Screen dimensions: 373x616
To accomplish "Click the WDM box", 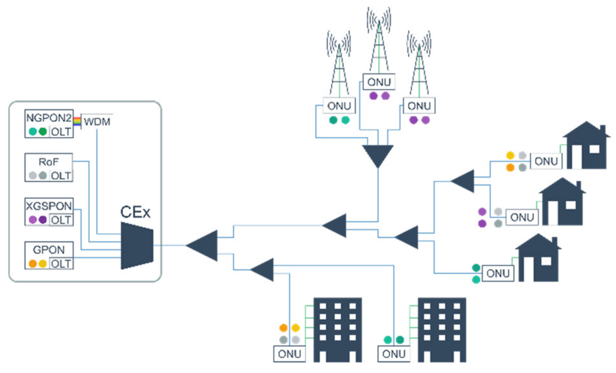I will [x=97, y=122].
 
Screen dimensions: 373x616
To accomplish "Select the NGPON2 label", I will [x=48, y=118].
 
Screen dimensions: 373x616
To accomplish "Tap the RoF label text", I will [x=48, y=162].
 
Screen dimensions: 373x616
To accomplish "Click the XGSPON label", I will [x=49, y=206].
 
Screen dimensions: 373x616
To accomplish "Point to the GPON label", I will [x=48, y=250].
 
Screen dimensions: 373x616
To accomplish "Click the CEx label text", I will [x=135, y=212].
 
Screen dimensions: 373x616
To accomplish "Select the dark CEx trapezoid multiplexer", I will [x=137, y=246].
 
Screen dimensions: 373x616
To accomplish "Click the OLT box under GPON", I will [x=61, y=264].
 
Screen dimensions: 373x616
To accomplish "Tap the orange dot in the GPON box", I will [x=33, y=264].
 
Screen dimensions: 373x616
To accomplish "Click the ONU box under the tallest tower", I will [x=379, y=82].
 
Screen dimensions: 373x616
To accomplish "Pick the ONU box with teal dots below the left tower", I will [x=339, y=106].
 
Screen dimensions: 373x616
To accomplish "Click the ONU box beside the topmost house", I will [x=546, y=161].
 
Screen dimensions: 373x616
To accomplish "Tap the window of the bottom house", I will [x=546, y=261].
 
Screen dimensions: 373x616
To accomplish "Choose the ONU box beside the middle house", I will [x=521, y=217].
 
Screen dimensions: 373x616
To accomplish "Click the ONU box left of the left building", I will [x=289, y=354].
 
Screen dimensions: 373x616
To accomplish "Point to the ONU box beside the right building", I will [x=393, y=354].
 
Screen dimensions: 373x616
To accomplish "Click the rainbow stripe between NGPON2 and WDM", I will [x=77, y=122].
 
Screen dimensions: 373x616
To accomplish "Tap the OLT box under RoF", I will [x=61, y=176].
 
